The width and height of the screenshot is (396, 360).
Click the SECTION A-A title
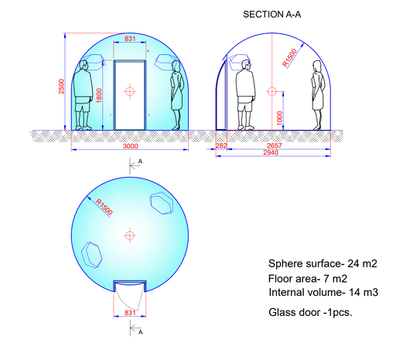point(272,15)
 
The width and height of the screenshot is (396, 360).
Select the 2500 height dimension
point(61,87)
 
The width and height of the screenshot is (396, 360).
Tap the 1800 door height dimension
point(99,96)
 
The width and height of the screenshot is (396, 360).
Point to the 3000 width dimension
point(131,146)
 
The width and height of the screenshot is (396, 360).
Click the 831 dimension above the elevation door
point(130,39)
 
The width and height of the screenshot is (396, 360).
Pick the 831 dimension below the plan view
point(130,313)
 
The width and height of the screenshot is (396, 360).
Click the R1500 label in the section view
point(290,58)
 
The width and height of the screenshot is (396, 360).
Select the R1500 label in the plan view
point(104,207)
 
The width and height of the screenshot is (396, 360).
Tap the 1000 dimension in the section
point(279,118)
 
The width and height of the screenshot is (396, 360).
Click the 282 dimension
point(221,146)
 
